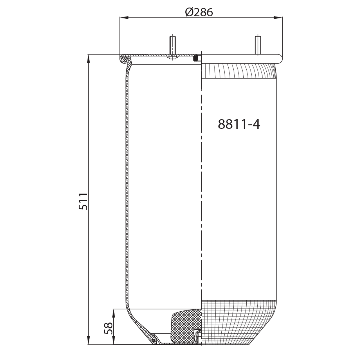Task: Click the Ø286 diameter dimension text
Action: coord(199,12)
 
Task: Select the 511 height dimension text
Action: coord(83,201)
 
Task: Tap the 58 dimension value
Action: coord(108,328)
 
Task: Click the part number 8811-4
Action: coord(239,124)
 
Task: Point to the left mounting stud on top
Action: coord(172,46)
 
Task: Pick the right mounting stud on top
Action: coord(258,45)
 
